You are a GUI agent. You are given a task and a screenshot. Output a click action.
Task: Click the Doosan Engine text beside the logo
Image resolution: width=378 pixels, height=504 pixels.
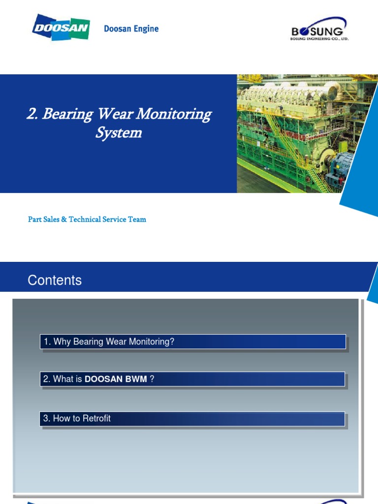pos(131,29)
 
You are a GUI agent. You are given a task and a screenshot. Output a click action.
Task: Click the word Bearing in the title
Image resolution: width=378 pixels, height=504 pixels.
pos(67,114)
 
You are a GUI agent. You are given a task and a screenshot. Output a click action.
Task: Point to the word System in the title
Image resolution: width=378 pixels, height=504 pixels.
pos(119,133)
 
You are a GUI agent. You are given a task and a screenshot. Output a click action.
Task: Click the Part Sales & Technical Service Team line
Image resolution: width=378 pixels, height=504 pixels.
pos(87,220)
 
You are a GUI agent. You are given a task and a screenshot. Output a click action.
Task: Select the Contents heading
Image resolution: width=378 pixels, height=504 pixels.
pos(55,281)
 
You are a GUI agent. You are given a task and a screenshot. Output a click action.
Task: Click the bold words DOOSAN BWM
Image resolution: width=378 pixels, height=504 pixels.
pos(116,379)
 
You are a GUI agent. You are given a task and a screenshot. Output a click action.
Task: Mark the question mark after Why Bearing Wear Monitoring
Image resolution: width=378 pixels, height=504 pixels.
pos(172,342)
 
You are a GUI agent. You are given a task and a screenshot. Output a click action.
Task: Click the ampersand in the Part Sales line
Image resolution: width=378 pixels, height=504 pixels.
pos(64,220)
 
